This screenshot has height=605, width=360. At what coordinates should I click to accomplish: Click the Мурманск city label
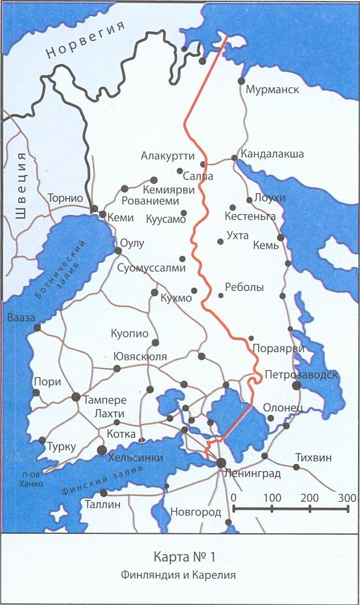tap(273, 89)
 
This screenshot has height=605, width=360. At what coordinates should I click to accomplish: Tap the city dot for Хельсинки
tap(101, 450)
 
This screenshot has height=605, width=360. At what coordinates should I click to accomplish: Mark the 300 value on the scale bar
tap(348, 497)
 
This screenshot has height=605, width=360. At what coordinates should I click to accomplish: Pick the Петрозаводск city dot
tap(296, 386)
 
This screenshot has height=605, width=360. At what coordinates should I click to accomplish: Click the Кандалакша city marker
tap(234, 158)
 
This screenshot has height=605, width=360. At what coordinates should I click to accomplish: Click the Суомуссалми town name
tap(152, 268)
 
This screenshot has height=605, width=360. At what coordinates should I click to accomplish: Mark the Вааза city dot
tap(37, 328)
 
